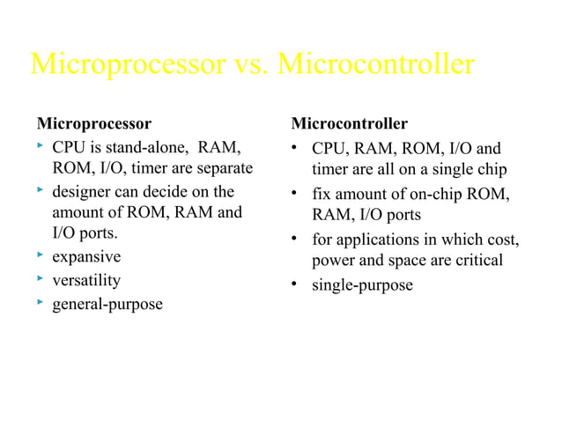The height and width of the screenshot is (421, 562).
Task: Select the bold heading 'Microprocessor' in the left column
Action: pyautogui.click(x=93, y=122)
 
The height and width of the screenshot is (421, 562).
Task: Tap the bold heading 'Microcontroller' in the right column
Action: pyautogui.click(x=350, y=122)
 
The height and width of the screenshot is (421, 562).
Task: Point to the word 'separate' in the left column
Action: pyautogui.click(x=224, y=168)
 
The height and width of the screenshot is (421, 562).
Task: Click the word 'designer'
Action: pyautogui.click(x=81, y=192)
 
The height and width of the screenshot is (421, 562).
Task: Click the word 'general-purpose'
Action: pyautogui.click(x=107, y=305)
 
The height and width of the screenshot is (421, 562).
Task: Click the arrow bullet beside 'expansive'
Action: pyautogui.click(x=41, y=256)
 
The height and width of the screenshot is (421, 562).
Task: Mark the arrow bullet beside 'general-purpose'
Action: pyautogui.click(x=41, y=303)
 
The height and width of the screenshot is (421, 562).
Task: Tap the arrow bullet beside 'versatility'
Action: pyautogui.click(x=41, y=280)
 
